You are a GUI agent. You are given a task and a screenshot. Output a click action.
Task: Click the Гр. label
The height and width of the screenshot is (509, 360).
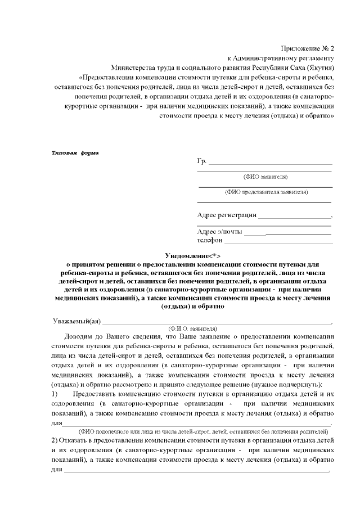202,162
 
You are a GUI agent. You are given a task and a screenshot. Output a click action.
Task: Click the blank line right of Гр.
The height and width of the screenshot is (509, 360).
270,164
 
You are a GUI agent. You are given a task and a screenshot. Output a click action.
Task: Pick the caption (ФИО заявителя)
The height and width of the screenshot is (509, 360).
265,176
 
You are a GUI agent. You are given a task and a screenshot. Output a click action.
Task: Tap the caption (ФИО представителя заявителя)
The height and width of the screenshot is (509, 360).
265,192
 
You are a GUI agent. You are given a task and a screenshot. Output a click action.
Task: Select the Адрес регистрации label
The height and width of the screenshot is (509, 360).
227,215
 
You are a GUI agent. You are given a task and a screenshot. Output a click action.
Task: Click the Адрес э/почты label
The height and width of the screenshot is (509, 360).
220,232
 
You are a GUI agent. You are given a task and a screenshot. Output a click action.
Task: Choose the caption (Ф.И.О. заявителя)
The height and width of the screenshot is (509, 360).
193,328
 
